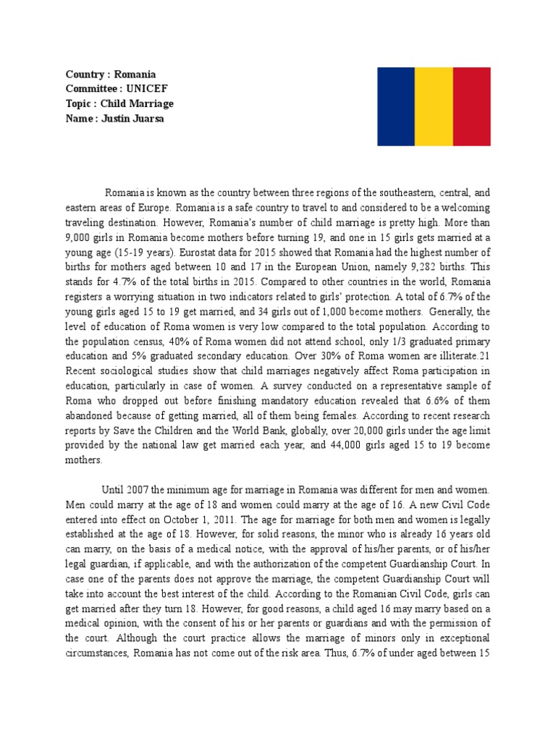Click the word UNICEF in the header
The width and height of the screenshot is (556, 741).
145,89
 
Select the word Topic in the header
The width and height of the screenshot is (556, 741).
78,103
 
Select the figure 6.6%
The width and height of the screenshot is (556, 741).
436,401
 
